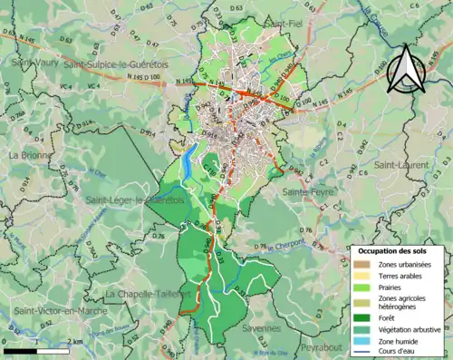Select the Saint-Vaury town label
click(x=32, y=64)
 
